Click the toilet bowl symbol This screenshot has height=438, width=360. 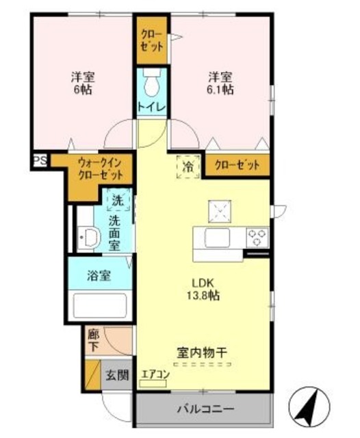point(152,83)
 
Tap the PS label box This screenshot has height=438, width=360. point(40,160)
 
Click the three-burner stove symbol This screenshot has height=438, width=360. point(257,237)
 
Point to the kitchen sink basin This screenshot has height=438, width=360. point(217,237)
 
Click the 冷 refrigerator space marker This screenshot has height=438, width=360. point(188,167)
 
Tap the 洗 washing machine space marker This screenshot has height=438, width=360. point(118,199)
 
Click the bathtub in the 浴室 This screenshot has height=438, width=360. point(100,306)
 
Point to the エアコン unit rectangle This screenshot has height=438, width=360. point(153,384)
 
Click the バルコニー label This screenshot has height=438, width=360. point(206,409)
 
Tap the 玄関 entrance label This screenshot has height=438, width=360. point(117,375)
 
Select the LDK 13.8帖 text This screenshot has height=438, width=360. point(203,289)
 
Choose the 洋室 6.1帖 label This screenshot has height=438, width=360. point(220,83)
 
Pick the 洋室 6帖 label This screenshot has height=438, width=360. point(83,83)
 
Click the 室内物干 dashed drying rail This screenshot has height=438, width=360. point(202,364)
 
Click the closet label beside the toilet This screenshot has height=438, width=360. point(152,40)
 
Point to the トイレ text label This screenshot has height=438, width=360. point(152,107)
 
